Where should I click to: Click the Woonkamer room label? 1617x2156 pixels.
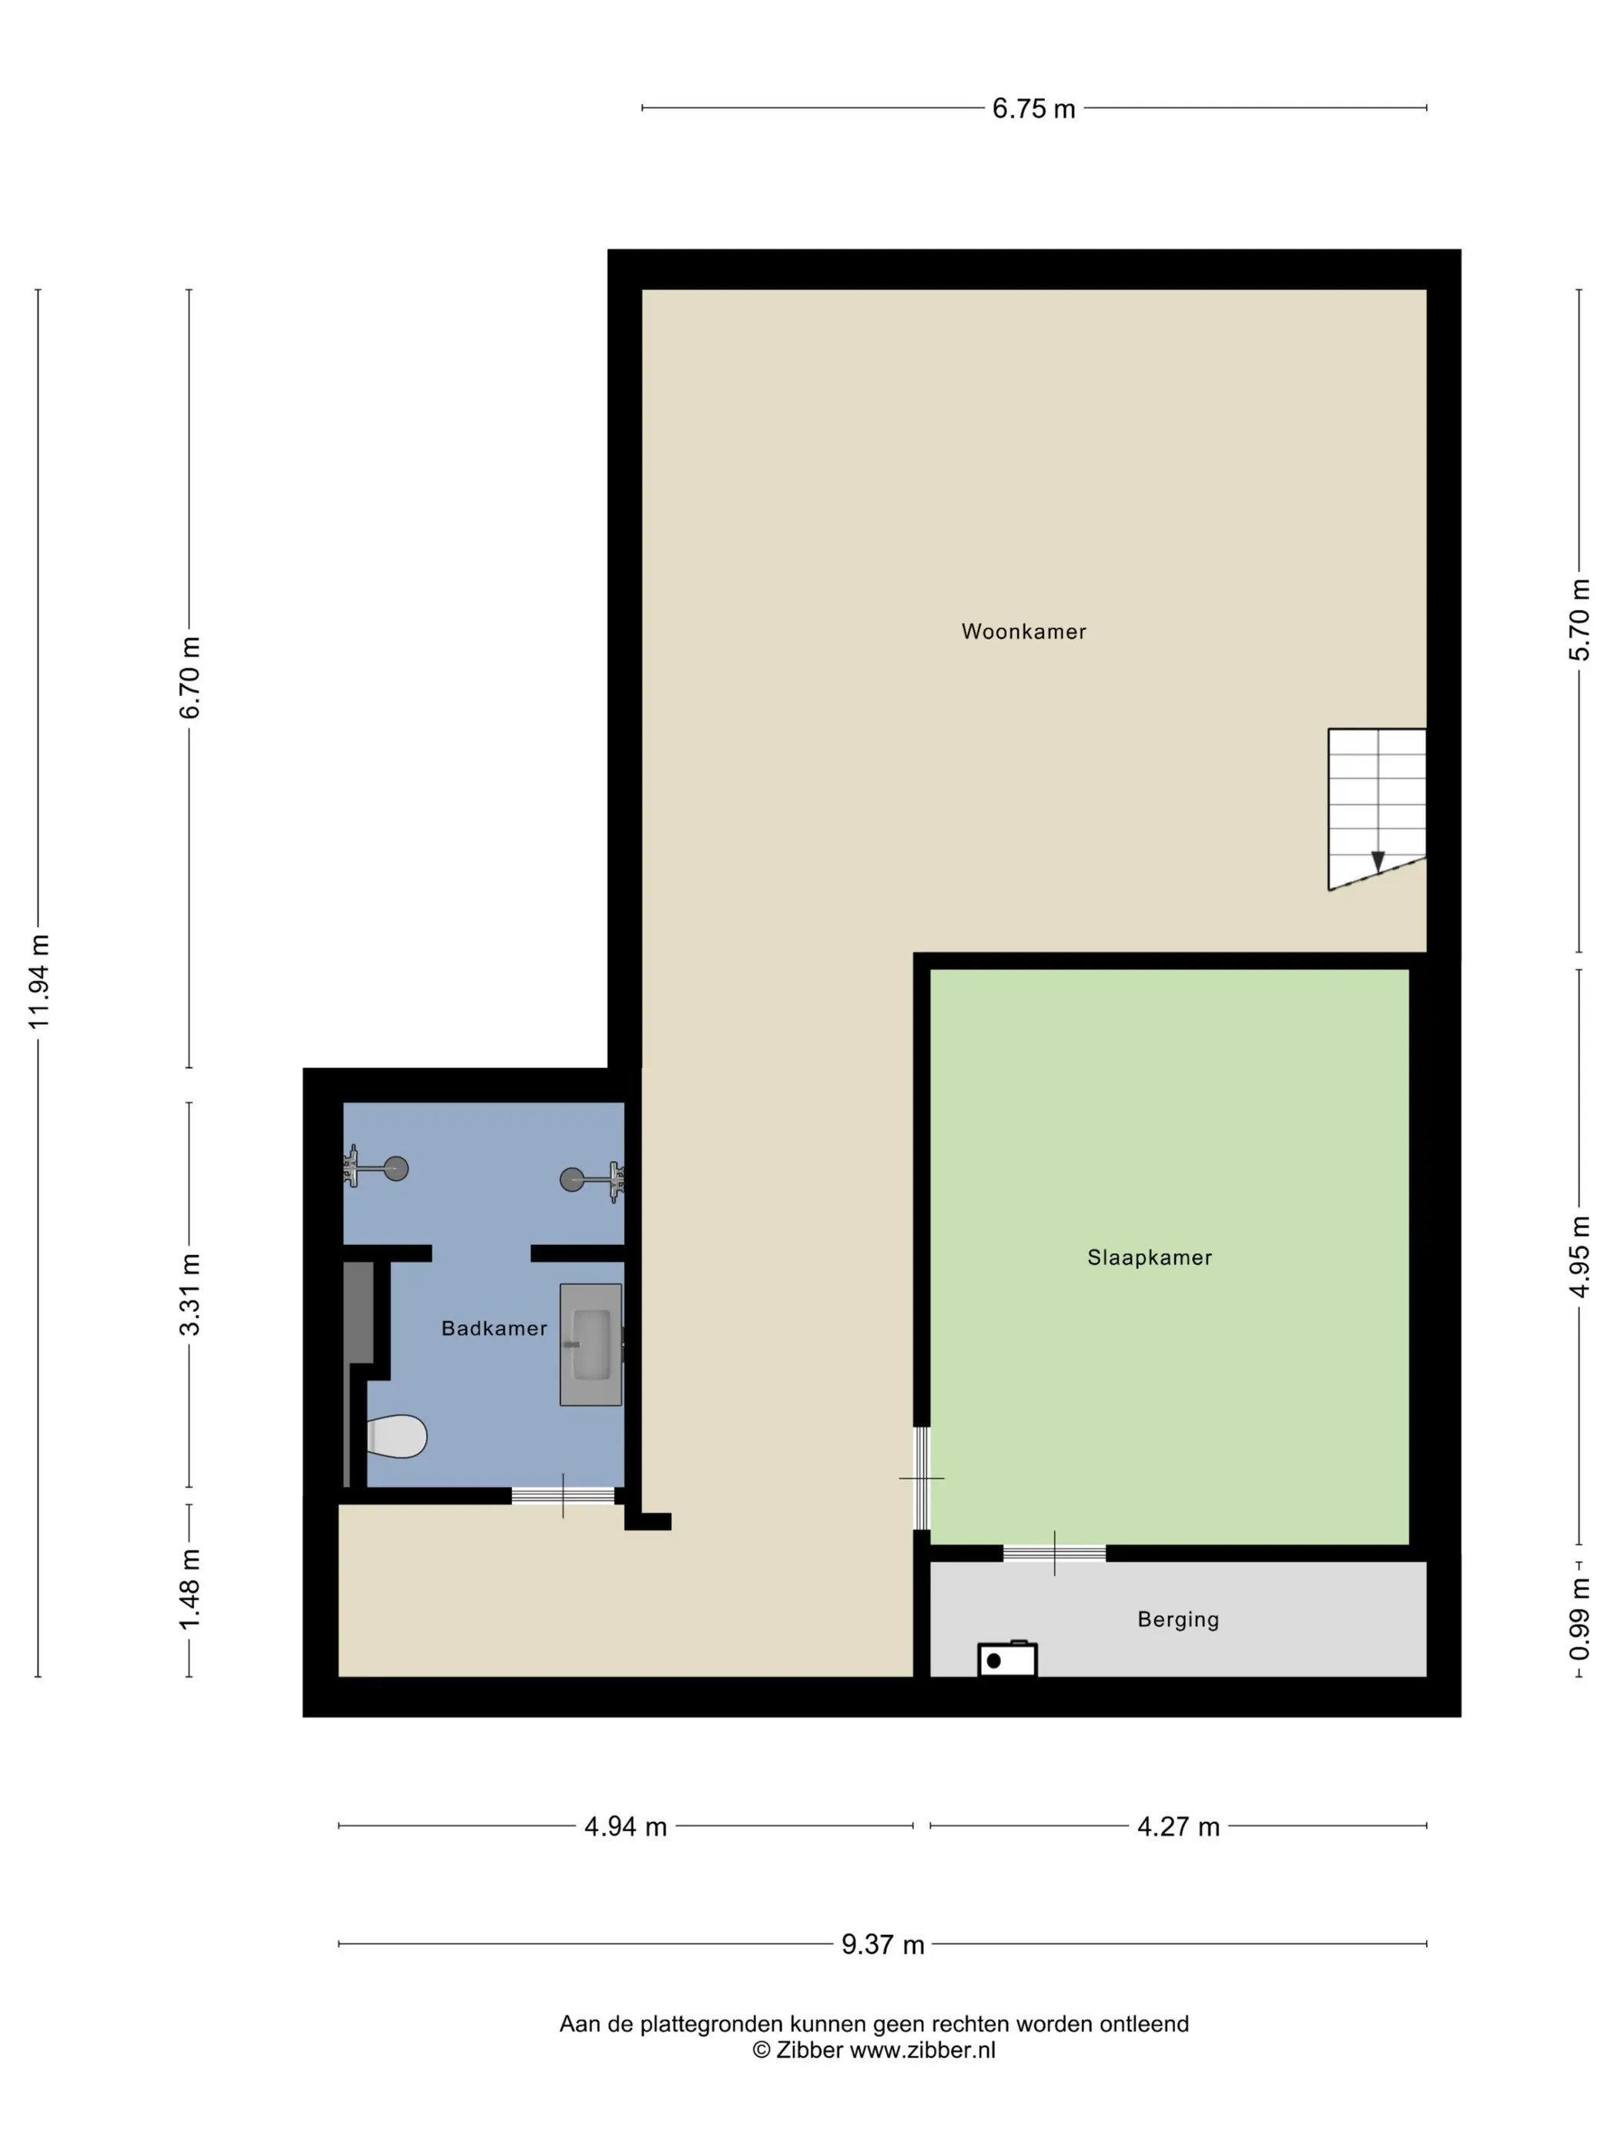1023,631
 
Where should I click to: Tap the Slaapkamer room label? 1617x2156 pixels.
1149,1257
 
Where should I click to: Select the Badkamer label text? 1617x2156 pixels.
494,1327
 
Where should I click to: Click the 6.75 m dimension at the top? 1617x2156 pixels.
1033,109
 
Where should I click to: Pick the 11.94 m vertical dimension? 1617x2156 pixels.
38,982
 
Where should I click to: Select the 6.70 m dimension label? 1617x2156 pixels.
189,678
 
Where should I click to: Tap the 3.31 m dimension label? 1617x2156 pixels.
189,1294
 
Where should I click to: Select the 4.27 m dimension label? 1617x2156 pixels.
1178,1826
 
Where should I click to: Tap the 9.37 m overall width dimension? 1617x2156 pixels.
882,1944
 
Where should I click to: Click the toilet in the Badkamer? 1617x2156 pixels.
397,1436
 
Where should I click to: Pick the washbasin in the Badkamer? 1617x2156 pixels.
591,1344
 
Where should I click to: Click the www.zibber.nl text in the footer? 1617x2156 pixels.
923,2050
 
